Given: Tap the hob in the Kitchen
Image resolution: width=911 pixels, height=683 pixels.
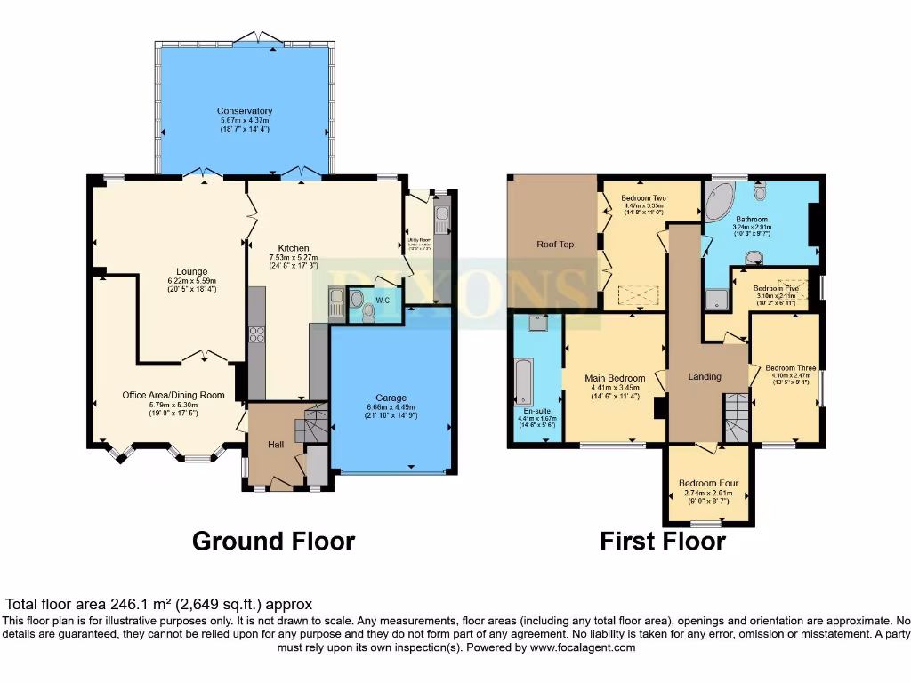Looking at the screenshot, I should [x=256, y=334].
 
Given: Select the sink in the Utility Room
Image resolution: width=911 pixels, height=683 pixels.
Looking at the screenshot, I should [x=442, y=215].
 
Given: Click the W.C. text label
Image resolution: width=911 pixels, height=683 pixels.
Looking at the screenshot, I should [x=384, y=300].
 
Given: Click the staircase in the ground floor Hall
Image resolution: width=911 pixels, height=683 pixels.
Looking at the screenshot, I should [x=311, y=424].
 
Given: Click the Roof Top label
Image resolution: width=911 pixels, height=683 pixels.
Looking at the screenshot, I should [x=553, y=244].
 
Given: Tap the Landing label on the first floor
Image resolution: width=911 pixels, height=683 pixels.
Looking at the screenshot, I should [x=705, y=376].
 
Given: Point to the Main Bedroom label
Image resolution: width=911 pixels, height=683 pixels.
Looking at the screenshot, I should [x=615, y=379].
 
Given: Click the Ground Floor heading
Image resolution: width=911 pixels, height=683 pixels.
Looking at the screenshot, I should [x=273, y=541].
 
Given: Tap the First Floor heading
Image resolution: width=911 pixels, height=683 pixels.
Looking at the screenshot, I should [x=662, y=541].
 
